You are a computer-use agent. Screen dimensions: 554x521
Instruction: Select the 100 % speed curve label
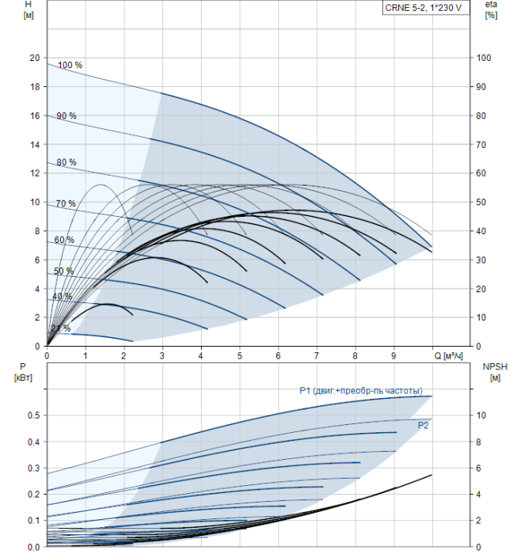pyautogui.click(x=70, y=65)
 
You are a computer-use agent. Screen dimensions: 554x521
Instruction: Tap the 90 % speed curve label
pyautogui.click(x=67, y=116)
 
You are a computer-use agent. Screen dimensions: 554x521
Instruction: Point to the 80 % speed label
pyautogui.click(x=67, y=162)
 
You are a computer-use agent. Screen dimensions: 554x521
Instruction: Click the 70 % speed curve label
pyautogui.click(x=66, y=204)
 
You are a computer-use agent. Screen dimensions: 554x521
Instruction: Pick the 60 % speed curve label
pyautogui.click(x=64, y=240)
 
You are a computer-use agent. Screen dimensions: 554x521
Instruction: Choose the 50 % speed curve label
pyautogui.click(x=63, y=271)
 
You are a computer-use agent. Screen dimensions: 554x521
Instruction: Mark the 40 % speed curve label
pyautogui.click(x=62, y=297)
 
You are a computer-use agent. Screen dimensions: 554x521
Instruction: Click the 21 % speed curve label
pyautogui.click(x=61, y=328)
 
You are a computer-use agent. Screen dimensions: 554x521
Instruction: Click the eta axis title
pyautogui.click(x=491, y=10)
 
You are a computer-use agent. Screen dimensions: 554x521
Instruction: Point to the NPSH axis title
pyautogui.click(x=492, y=372)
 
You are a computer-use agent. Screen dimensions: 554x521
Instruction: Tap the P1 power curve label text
pyautogui.click(x=366, y=390)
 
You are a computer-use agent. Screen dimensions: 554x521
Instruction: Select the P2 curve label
pyautogui.click(x=424, y=425)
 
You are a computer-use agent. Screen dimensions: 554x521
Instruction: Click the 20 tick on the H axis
pyautogui.click(x=34, y=58)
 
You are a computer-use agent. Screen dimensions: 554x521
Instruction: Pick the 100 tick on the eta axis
pyautogui.click(x=485, y=58)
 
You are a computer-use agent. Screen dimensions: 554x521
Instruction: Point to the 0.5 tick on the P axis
pyautogui.click(x=32, y=415)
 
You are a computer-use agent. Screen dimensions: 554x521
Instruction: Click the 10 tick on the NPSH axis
pyautogui.click(x=485, y=415)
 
